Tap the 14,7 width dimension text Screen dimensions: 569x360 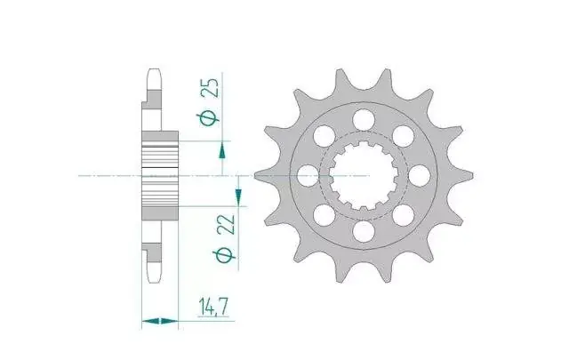coord(213,307)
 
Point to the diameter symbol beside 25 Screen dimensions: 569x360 coord(208,118)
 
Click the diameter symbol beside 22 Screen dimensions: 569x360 coord(225,255)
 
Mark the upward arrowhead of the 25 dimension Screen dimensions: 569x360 coord(222,150)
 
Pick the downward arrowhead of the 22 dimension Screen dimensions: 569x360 coord(238,197)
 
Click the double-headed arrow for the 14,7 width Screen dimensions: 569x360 coord(160,321)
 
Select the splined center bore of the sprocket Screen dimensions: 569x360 coord(364,176)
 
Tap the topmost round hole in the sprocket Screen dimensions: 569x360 coord(364,120)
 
